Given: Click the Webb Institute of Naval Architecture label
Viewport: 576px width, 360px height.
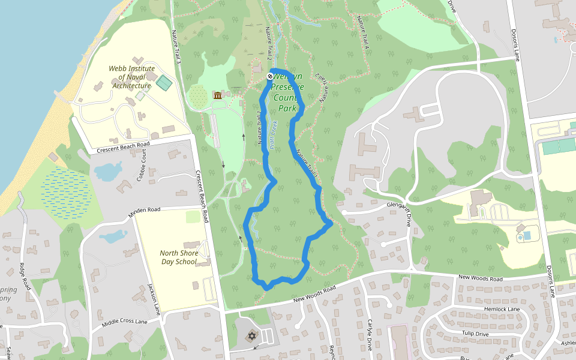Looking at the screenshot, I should pos(131,77).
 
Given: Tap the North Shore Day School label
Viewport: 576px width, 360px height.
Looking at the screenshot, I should pos(178,257).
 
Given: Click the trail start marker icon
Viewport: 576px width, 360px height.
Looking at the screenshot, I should pos(270,76).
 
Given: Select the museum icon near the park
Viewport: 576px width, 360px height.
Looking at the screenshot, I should pos(218,96).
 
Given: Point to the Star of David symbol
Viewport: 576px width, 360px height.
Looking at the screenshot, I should pos(251,337).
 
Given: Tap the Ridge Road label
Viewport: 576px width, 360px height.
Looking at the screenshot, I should pos(25,275).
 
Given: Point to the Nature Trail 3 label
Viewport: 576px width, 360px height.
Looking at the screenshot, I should pos(176,46).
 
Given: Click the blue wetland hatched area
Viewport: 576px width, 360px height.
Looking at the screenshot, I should pos(67,191).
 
